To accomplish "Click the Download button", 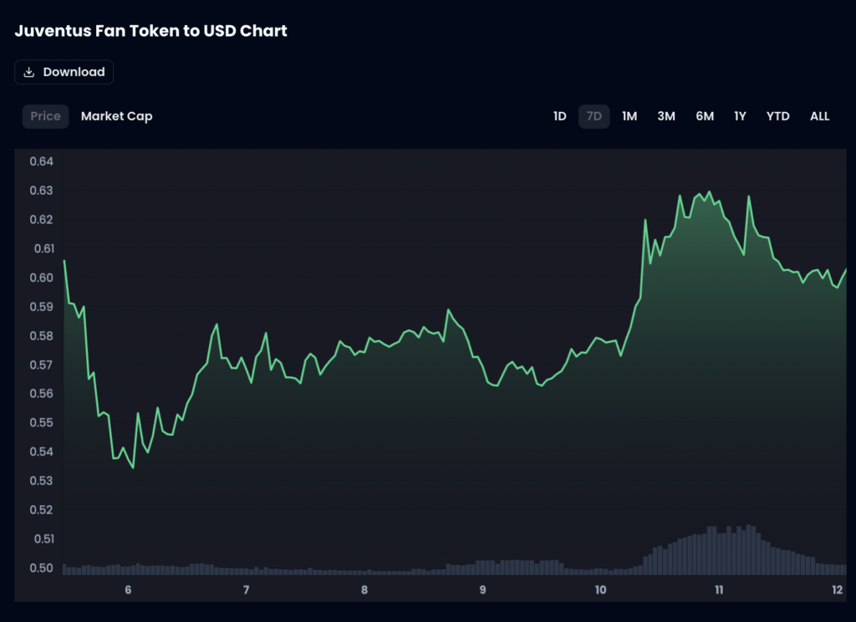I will pyautogui.click(x=64, y=72).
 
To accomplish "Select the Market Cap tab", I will pyautogui.click(x=116, y=116).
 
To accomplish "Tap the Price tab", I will pyautogui.click(x=45, y=116).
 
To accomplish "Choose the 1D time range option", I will pyautogui.click(x=559, y=116).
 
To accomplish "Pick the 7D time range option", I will pyautogui.click(x=594, y=116).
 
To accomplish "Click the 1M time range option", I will pyautogui.click(x=629, y=116).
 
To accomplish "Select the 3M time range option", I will pyautogui.click(x=666, y=116).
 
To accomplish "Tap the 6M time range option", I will pyautogui.click(x=705, y=116).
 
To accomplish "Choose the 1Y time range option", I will pyautogui.click(x=740, y=116).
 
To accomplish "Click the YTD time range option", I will pyautogui.click(x=777, y=116).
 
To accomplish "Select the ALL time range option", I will pyautogui.click(x=819, y=116).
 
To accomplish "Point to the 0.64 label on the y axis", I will pyautogui.click(x=42, y=161).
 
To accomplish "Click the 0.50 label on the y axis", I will pyautogui.click(x=42, y=568).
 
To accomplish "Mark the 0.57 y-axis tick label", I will pyautogui.click(x=42, y=365).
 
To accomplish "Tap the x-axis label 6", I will pyautogui.click(x=128, y=589).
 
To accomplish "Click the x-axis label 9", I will pyautogui.click(x=483, y=589).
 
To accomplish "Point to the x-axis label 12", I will pyautogui.click(x=837, y=589).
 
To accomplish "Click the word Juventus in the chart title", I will pyautogui.click(x=52, y=31).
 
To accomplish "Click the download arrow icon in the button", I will pyautogui.click(x=29, y=72).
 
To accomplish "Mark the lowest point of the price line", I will pyautogui.click(x=133, y=467).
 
